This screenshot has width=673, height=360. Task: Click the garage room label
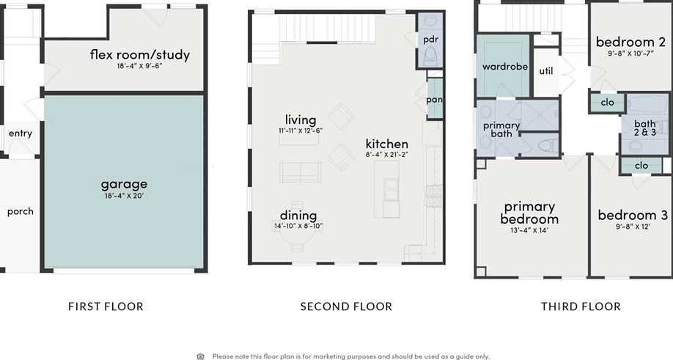(124, 185)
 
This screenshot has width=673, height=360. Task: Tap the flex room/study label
(140, 54)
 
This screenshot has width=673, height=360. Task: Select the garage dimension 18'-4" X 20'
(124, 196)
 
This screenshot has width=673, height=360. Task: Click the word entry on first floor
(21, 133)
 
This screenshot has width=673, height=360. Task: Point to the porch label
(21, 212)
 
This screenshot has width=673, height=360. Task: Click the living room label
(301, 120)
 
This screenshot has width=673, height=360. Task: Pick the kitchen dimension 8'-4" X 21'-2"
(386, 155)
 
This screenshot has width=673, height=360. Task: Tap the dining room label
(298, 216)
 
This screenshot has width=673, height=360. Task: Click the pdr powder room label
(430, 40)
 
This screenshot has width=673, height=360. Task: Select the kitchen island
(386, 189)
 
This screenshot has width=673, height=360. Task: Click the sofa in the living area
(300, 172)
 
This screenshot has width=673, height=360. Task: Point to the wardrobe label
(504, 67)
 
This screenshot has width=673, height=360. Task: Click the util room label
(546, 71)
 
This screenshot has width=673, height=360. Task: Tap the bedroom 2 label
(630, 42)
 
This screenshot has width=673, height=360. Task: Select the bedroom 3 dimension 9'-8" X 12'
(633, 227)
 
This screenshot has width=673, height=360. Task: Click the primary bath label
(501, 129)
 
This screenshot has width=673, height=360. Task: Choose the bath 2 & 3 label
(645, 128)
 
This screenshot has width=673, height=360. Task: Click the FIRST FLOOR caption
(106, 306)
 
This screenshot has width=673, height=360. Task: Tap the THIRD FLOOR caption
(581, 306)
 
